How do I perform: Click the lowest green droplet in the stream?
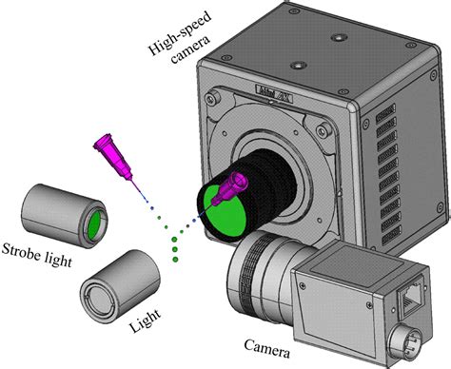click(x=177, y=257)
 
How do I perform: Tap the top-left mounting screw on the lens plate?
click(x=218, y=99)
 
